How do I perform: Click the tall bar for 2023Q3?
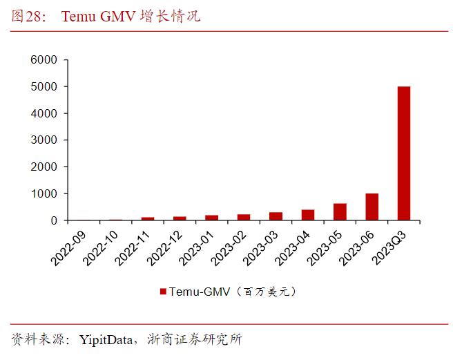pos(403,153)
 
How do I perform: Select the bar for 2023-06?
pos(372,207)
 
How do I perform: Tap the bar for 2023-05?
pos(340,212)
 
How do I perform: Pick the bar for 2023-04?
pos(307,215)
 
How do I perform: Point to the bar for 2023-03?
pos(276,216)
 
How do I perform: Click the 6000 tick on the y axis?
pos(44,60)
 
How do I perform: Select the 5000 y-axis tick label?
pos(44,87)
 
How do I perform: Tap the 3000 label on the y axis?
pos(44,140)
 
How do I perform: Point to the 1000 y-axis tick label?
pos(44,194)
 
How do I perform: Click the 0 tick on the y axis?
pos(52,220)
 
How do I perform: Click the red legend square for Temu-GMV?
pos(163,292)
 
